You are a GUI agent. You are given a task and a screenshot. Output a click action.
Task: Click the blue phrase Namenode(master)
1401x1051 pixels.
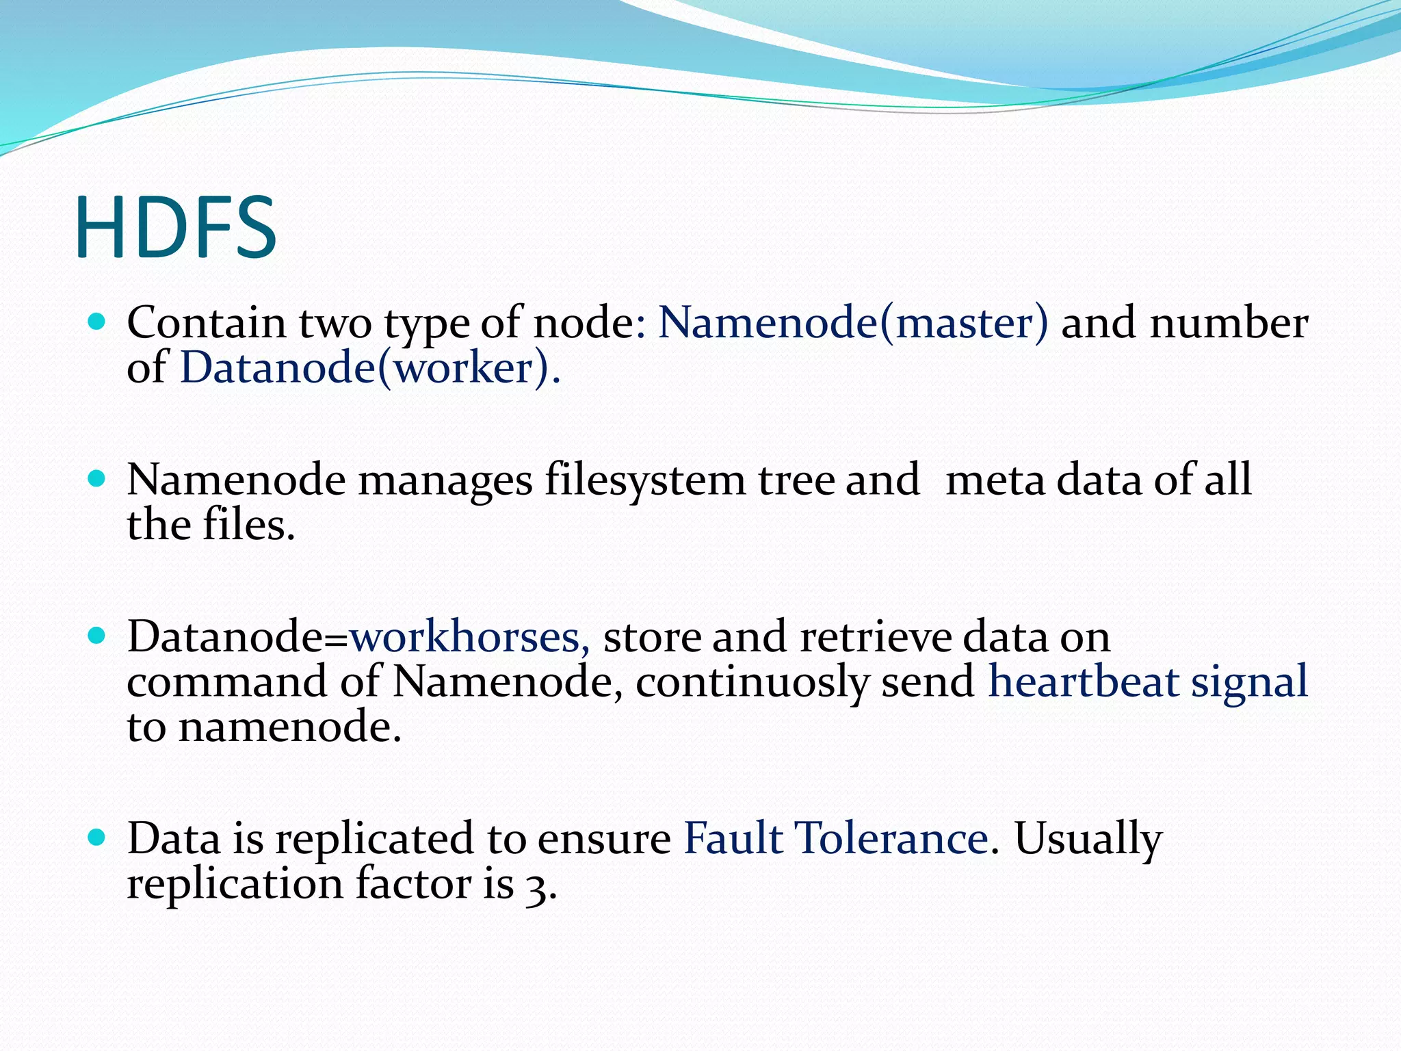852,322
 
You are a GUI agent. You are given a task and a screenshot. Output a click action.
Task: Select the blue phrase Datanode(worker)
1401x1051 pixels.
369,368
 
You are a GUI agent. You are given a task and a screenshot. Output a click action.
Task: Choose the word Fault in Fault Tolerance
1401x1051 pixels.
733,838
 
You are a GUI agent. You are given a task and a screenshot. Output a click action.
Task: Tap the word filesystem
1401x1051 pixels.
645,481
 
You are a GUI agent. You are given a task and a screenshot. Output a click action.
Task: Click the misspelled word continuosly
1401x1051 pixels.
752,683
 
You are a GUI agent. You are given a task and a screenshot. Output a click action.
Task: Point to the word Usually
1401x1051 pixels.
1088,840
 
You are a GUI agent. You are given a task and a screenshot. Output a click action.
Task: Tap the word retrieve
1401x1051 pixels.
876,637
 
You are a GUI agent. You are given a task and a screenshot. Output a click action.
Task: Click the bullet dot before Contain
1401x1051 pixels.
97,321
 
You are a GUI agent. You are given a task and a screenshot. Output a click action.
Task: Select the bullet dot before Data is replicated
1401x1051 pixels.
97,836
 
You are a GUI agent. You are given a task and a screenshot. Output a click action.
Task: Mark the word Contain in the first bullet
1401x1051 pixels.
207,322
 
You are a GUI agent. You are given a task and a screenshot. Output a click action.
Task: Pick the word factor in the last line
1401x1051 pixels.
413,883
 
